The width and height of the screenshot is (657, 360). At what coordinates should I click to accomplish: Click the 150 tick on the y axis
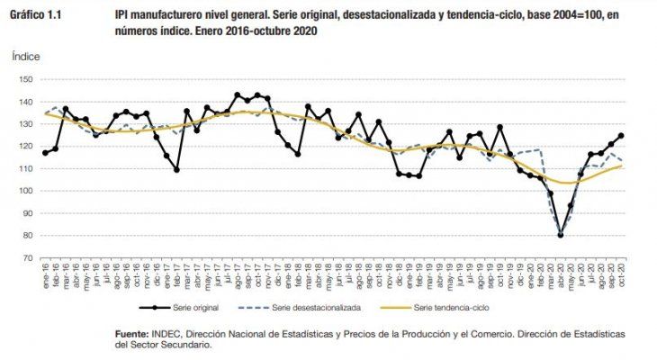pos(25,79)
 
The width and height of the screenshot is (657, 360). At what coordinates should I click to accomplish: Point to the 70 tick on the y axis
pos(27,258)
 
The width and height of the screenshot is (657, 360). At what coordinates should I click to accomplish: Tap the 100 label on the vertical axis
pos(25,191)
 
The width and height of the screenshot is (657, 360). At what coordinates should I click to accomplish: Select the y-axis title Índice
pos(25,56)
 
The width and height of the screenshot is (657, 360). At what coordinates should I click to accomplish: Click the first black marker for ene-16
pos(45,153)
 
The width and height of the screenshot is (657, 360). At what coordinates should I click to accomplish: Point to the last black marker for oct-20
pos(621,136)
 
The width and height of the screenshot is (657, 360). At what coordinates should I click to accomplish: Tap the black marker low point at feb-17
pos(176,169)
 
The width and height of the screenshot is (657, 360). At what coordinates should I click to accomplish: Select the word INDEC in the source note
pos(170,334)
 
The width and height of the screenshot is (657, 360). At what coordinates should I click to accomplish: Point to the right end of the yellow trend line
pos(622,166)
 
